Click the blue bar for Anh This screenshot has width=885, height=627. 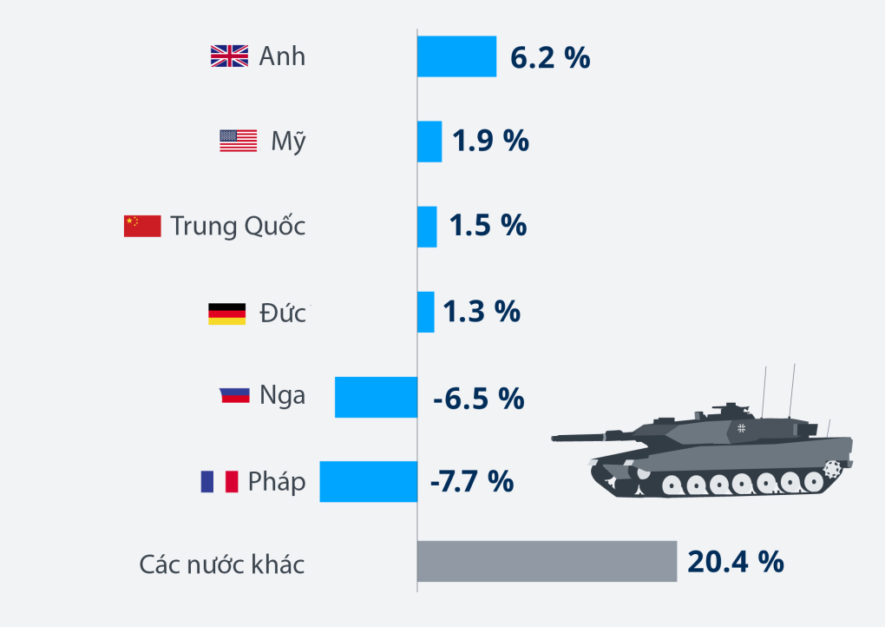pos(456,56)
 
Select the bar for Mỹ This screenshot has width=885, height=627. pos(429,142)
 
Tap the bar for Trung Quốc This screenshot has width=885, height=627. pos(427,227)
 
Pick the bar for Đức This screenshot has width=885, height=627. pos(425,312)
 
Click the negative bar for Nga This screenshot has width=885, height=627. pos(376,397)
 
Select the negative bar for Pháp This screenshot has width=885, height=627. pos(368,481)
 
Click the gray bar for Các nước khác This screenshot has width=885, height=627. pos(547,561)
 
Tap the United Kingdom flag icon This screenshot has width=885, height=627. pos(229,56)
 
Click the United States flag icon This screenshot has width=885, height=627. pos(238,141)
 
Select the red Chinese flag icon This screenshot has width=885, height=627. pos(142,226)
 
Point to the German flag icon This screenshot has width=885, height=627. pos(226,313)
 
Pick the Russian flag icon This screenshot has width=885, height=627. pos(234,396)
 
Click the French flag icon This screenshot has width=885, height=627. pos(219,481)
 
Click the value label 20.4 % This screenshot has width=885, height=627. pos(736,562)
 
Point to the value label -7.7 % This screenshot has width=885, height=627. pos(472,481)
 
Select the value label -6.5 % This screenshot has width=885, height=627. pos(478,398)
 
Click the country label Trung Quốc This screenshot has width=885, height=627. pos(238,226)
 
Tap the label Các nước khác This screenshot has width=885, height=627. pos(222,564)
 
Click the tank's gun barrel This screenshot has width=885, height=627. pos(599,436)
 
